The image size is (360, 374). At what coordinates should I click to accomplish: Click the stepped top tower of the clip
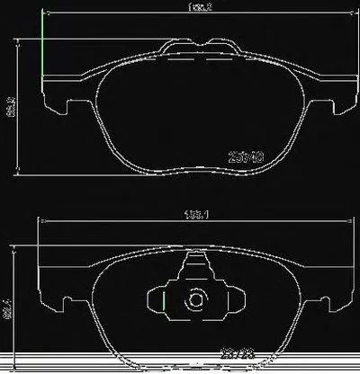click(x=194, y=263)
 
